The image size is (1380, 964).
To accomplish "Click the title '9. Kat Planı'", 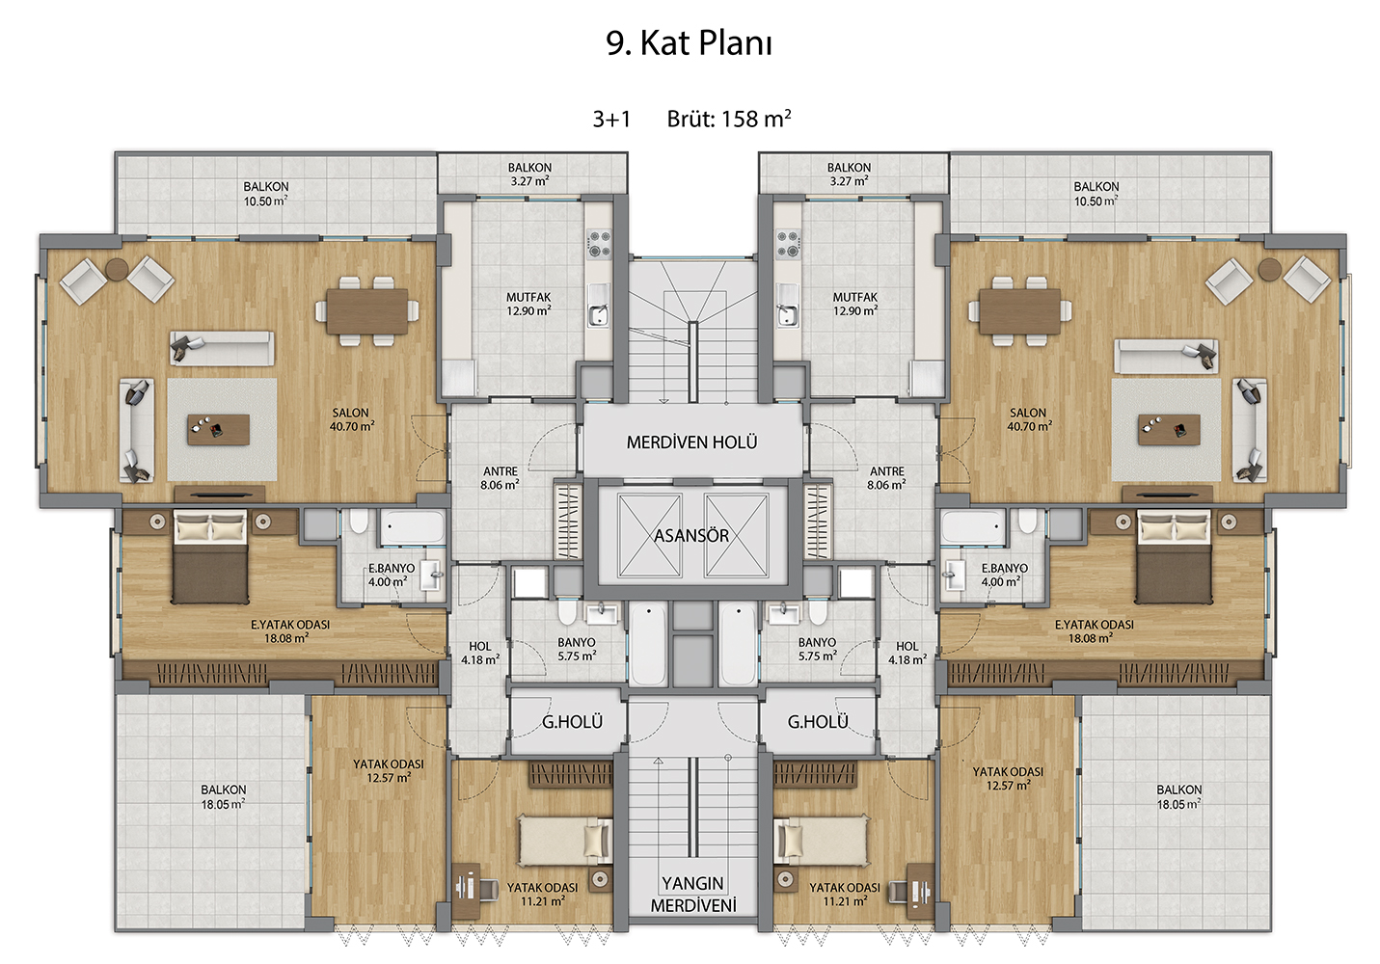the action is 689,43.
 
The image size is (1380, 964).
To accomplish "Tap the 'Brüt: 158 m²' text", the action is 729,119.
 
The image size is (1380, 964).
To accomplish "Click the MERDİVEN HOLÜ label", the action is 691,442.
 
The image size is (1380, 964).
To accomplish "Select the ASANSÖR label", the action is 691,535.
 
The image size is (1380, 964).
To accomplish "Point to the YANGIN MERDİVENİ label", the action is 693,895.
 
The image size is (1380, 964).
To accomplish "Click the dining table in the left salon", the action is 367,311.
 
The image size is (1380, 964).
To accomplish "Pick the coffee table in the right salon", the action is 1169,429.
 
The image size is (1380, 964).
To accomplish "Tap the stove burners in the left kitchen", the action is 599,243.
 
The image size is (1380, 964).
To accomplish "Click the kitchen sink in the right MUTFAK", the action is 787,307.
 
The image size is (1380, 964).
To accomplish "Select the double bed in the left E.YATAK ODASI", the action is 210,556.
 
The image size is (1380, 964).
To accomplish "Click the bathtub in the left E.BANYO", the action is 412,527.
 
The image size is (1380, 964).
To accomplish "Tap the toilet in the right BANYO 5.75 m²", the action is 818,612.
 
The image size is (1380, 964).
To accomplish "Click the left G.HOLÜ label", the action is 572,721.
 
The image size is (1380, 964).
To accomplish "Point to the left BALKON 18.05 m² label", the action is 223,796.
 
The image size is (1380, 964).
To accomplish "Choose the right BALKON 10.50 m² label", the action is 1096,194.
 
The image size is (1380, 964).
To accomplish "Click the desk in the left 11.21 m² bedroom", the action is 467,890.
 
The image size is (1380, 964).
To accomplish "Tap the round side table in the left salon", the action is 117,269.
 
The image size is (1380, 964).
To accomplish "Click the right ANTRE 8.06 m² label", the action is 886,478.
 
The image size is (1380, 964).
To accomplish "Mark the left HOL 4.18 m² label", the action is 480,653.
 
